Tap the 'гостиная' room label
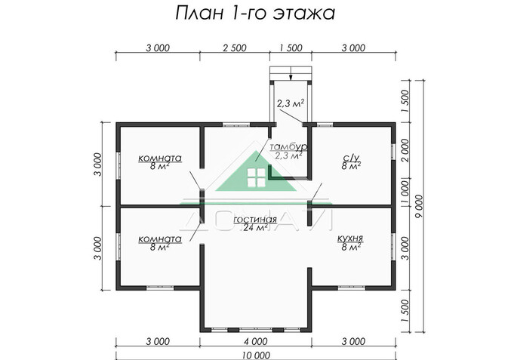click(249, 219)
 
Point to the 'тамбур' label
click(287, 146)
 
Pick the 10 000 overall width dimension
click(255, 353)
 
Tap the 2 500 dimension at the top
click(234, 48)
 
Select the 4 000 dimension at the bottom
click(255, 342)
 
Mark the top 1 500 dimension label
click(291, 48)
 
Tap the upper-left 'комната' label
click(159, 158)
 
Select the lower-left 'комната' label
click(159, 238)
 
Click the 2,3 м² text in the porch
click(289, 103)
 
